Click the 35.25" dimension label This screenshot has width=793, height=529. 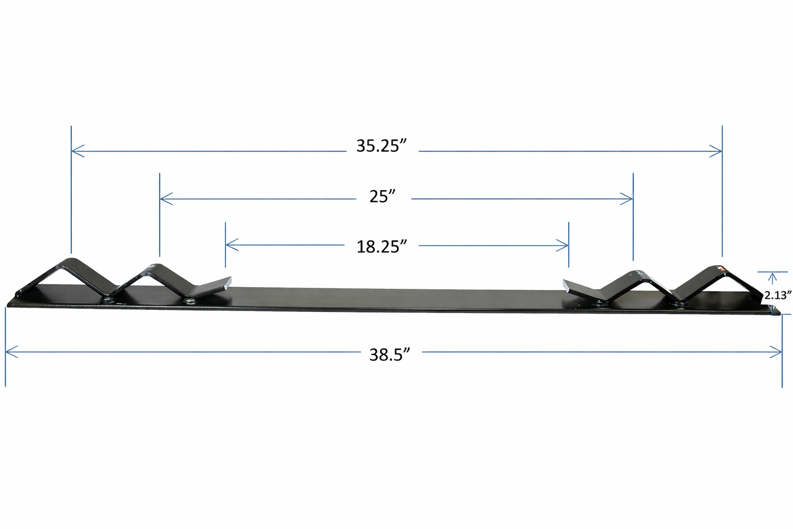click(381, 146)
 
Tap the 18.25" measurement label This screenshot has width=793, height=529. click(381, 246)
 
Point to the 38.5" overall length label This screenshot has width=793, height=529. click(390, 355)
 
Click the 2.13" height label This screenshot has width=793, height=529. click(778, 295)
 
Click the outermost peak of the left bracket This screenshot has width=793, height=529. click(71, 259)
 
